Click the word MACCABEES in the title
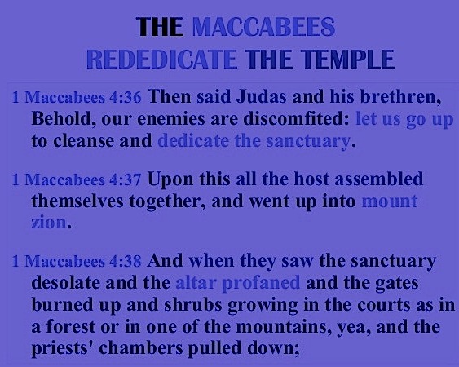coord(263,27)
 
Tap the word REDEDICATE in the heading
coord(162,60)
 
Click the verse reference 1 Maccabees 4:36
coord(77,97)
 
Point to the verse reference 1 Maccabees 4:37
coord(77,179)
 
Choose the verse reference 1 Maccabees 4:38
coord(77,261)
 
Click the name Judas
coord(262,96)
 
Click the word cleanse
coord(84,141)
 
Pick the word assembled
coord(379,179)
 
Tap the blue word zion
coord(49,223)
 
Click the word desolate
coord(66,282)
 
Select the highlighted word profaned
coord(261,284)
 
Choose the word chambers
coord(141,348)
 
